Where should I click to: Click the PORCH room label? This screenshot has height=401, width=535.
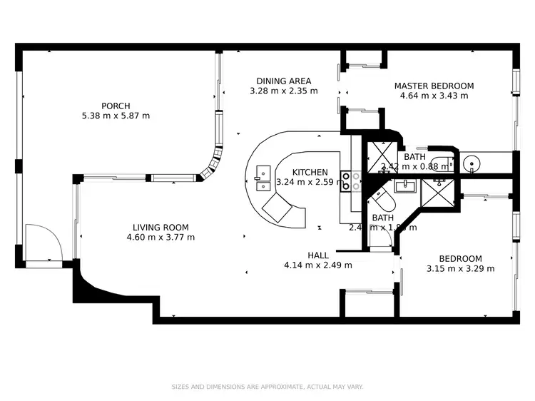(x=116, y=106)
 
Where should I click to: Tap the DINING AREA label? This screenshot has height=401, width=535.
(x=283, y=81)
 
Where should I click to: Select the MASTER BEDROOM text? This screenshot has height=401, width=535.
(x=434, y=86)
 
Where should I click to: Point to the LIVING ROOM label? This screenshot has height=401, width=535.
(x=160, y=228)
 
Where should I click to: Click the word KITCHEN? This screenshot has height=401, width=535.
(x=310, y=172)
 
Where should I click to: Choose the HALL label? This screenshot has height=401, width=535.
(x=317, y=255)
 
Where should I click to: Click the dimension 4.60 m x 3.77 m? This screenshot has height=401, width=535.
(x=160, y=238)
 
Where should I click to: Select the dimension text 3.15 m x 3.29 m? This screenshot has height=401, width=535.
(x=460, y=269)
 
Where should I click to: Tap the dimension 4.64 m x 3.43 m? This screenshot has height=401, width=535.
(x=434, y=96)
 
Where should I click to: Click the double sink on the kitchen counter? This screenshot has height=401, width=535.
(x=261, y=173)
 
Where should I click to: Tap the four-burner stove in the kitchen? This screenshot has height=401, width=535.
(x=347, y=181)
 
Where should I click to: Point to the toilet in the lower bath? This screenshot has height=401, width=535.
(x=379, y=194)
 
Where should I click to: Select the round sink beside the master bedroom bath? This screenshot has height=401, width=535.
(x=472, y=163)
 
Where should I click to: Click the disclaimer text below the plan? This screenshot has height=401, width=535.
(x=267, y=387)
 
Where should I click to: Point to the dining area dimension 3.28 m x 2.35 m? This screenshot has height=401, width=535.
(x=283, y=91)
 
